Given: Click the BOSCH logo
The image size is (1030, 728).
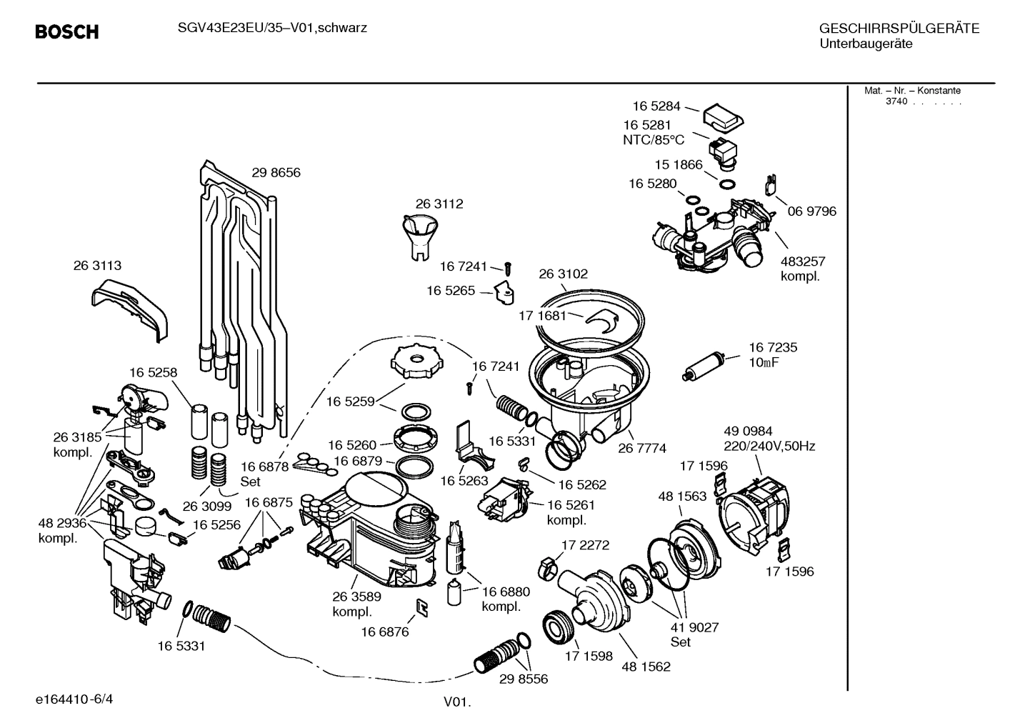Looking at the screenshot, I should [x=66, y=32].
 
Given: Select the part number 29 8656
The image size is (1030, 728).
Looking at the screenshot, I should [x=276, y=172].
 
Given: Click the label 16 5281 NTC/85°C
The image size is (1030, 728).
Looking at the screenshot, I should [x=654, y=133].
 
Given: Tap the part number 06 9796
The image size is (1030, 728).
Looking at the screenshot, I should [x=811, y=211].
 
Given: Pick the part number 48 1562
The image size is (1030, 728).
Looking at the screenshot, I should [x=646, y=667].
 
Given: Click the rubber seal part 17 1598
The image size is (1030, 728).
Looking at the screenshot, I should [x=559, y=626].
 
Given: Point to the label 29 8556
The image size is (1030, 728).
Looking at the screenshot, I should [x=524, y=679].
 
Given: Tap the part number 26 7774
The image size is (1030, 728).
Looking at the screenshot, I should [x=641, y=448].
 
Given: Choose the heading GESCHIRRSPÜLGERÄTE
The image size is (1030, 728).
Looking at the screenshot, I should [x=899, y=29].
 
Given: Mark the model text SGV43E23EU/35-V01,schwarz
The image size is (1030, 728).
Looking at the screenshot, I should [x=272, y=28].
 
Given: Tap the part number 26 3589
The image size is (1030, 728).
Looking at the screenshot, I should [x=356, y=597].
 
